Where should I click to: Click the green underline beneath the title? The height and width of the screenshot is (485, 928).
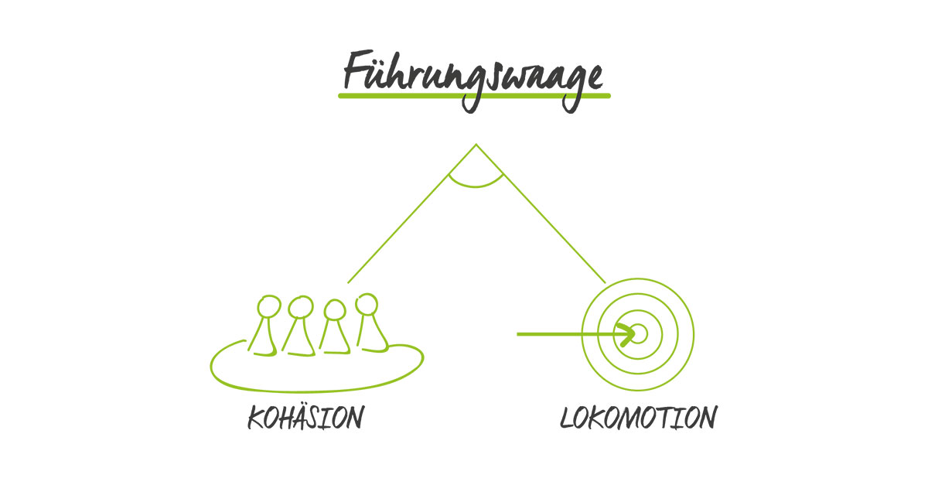[x=473, y=96]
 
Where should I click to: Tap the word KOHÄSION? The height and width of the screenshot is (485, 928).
[x=305, y=418]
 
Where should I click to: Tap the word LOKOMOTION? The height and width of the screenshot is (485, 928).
[x=638, y=418]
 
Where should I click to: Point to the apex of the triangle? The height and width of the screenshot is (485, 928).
[x=476, y=145]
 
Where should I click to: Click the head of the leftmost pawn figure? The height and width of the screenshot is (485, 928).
[x=268, y=306]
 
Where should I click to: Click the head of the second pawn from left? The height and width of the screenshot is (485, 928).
[x=300, y=308]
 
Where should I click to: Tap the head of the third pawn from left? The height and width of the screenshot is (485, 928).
[x=334, y=310]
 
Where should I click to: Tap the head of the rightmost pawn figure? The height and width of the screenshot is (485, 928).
[x=366, y=304]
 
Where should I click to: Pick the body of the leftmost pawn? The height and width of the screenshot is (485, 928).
[x=264, y=339]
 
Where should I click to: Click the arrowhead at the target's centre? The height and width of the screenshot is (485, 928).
[x=631, y=334]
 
